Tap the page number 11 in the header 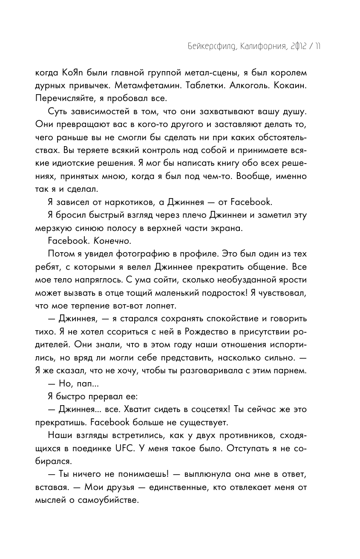coord(317,46)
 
